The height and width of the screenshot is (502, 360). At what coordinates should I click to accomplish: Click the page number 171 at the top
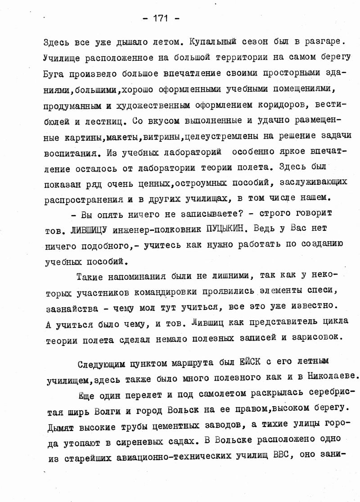pos(160,18)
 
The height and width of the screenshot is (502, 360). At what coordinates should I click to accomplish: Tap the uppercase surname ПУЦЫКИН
pos(225,229)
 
